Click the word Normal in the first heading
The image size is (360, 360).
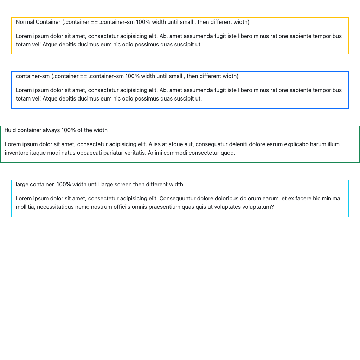(25, 22)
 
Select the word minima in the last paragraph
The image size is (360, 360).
(330, 199)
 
